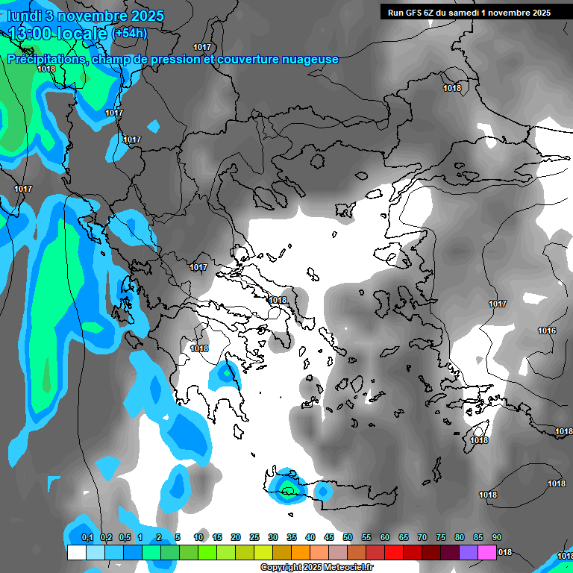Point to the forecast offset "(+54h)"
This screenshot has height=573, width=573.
[x=130, y=34]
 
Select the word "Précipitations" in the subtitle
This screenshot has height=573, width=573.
[x=45, y=60]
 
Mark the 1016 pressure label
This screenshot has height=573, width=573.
[x=547, y=331]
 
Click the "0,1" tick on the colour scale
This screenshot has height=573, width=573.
[x=87, y=538]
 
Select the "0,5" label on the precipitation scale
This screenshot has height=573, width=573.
[x=125, y=538]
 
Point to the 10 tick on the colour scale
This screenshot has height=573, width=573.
[x=198, y=538]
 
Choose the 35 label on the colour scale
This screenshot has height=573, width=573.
[x=292, y=538]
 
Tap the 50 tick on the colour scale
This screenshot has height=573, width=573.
[x=348, y=538]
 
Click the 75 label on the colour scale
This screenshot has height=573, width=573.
[x=441, y=538]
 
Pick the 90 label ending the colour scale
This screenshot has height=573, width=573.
[x=497, y=538]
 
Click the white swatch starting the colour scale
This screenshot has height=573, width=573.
[x=76, y=553]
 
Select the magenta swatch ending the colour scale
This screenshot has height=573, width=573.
[x=486, y=553]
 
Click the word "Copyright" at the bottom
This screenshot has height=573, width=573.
[x=281, y=568]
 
